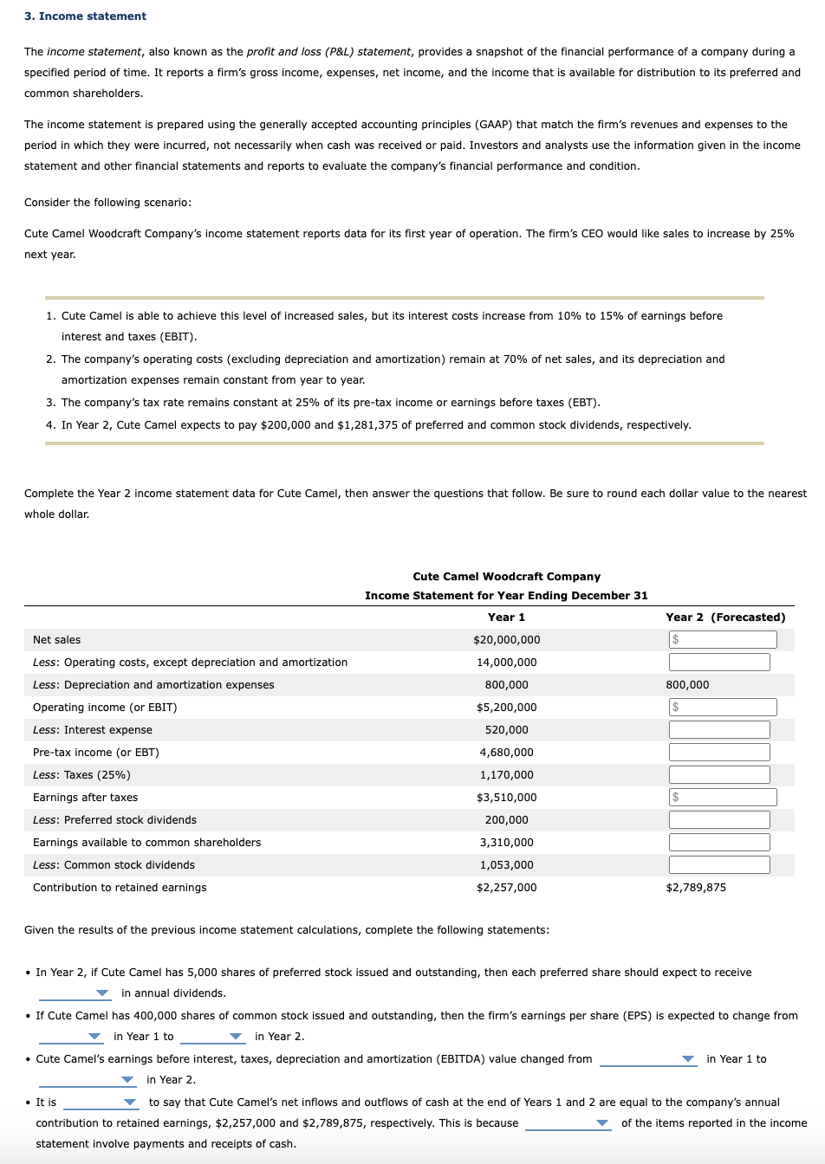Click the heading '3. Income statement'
85,16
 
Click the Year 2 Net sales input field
723,640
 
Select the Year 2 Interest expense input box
719,730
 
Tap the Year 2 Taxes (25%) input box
719,775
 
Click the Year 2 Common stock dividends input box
719,865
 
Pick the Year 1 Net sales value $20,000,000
506,640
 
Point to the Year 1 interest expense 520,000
506,730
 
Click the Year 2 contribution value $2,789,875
696,888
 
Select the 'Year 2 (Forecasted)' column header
725,618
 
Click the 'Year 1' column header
506,618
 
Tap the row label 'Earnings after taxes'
85,798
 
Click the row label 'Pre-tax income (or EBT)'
95,753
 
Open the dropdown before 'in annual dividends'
75,993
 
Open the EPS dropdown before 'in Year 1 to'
71,1037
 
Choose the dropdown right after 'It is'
101,1103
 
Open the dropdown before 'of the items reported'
568,1123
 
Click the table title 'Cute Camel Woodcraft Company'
506,577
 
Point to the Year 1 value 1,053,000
506,865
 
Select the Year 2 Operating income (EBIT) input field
723,708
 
